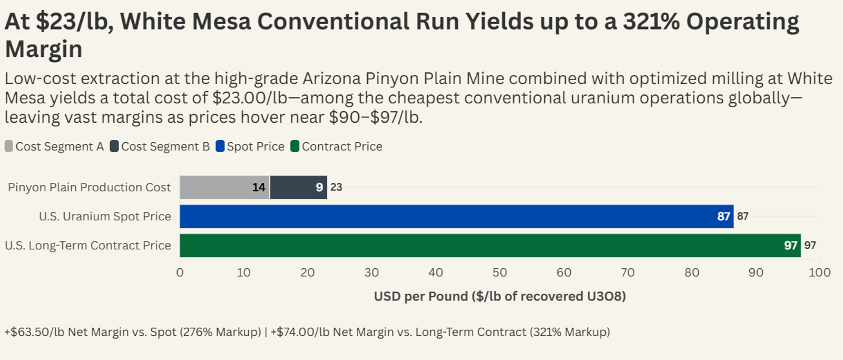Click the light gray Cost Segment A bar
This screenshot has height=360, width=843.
click(x=224, y=187)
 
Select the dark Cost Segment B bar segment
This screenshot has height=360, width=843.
click(x=298, y=187)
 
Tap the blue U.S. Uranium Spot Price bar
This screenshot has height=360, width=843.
click(x=456, y=217)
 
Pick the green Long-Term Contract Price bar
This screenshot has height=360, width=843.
click(x=490, y=246)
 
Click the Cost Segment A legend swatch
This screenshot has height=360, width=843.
click(x=8, y=146)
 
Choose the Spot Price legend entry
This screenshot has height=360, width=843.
click(x=250, y=146)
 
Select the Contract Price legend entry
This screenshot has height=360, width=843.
click(x=337, y=146)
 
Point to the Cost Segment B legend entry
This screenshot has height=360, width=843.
click(x=160, y=146)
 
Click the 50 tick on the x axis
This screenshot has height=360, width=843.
click(x=500, y=273)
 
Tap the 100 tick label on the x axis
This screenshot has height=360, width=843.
click(x=820, y=273)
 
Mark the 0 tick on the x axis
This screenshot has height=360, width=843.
click(x=180, y=273)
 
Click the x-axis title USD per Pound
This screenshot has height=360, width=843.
click(x=500, y=296)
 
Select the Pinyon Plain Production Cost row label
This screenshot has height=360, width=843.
click(x=89, y=187)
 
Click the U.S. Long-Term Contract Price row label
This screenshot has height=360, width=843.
click(x=88, y=246)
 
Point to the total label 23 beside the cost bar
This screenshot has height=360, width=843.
click(x=336, y=187)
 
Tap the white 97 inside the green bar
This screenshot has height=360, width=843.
click(x=790, y=246)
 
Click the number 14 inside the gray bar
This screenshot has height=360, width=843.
click(x=259, y=187)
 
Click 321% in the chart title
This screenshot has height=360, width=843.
click(x=651, y=21)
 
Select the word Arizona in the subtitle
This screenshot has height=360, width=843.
click(x=332, y=79)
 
